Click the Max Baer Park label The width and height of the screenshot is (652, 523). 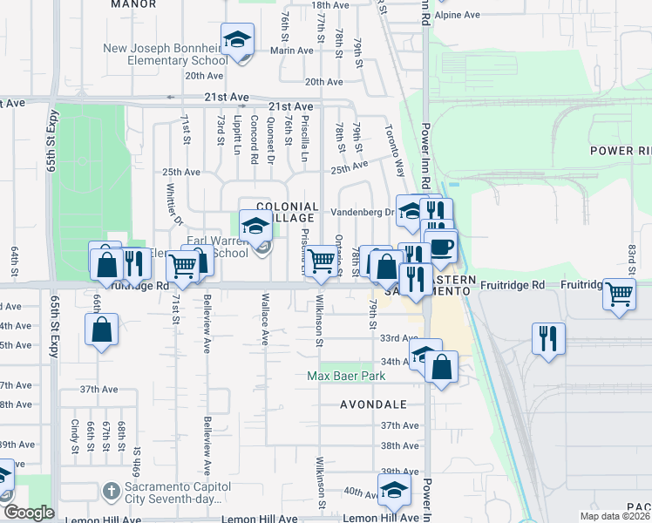(347, 377)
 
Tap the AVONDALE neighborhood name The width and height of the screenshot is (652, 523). (374, 404)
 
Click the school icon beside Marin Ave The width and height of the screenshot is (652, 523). (236, 40)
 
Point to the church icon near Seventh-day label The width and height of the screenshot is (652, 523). (109, 492)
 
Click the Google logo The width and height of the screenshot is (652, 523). (29, 513)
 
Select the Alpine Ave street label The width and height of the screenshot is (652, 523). (458, 15)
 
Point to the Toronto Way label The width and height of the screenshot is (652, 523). (395, 149)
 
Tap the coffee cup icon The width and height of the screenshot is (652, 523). (441, 245)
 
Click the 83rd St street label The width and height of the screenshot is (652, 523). (630, 256)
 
